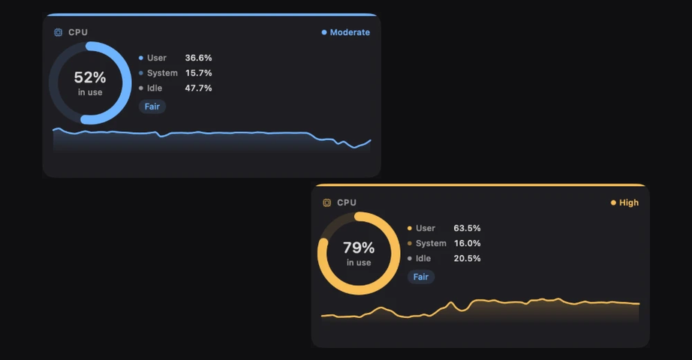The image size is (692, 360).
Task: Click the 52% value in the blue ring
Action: pyautogui.click(x=90, y=78)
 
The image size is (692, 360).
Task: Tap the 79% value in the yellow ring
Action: pyautogui.click(x=359, y=248)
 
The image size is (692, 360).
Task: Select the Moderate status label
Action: pyautogui.click(x=350, y=32)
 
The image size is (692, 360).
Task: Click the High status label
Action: pyautogui.click(x=629, y=202)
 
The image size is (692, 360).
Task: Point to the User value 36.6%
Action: pyautogui.click(x=199, y=58)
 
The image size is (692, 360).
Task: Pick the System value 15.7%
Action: pyautogui.click(x=199, y=73)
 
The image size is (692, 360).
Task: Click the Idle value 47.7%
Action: pyautogui.click(x=199, y=88)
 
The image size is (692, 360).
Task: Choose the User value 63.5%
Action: pyautogui.click(x=467, y=228)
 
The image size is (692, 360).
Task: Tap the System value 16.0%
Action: pyautogui.click(x=467, y=243)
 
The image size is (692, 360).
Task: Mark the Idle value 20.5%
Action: pyautogui.click(x=467, y=258)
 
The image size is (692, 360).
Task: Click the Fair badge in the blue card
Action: pyautogui.click(x=152, y=106)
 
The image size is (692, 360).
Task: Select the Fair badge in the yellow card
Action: pyautogui.click(x=421, y=277)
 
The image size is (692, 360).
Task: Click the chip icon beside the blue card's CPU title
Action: pyautogui.click(x=58, y=32)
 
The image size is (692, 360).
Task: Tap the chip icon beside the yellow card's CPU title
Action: pyautogui.click(x=326, y=202)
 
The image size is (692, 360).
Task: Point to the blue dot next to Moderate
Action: pyautogui.click(x=324, y=32)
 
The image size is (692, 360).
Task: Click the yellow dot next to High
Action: pyautogui.click(x=613, y=202)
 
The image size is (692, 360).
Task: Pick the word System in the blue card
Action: pyautogui.click(x=162, y=73)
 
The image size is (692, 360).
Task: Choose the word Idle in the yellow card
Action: pyautogui.click(x=423, y=258)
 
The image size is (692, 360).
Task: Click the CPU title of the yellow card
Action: pyautogui.click(x=347, y=202)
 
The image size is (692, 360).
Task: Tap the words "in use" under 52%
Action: pyautogui.click(x=90, y=92)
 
